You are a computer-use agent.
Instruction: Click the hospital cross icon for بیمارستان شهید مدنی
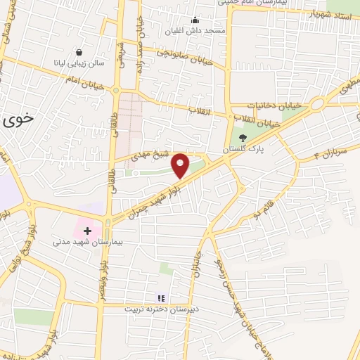pos(87,230)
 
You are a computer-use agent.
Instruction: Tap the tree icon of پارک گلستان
pos(243,139)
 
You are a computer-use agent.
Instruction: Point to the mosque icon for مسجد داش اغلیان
pos(195,20)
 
